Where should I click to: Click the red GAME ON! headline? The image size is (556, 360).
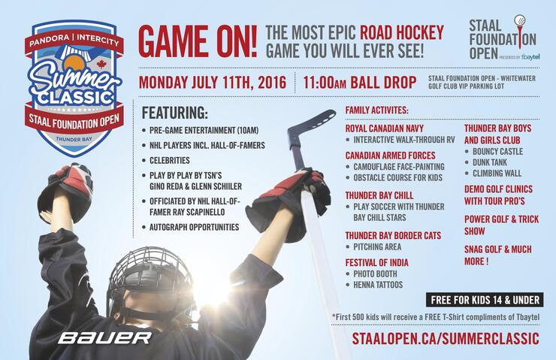(198, 42)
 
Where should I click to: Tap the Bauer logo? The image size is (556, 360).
(105, 337)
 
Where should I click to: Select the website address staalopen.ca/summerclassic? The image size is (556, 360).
(446, 338)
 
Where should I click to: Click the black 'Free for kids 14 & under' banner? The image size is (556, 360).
(485, 300)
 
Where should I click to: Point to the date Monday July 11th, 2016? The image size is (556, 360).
(213, 82)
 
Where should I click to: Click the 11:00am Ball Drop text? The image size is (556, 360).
(360, 82)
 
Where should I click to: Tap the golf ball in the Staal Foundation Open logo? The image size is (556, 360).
(520, 20)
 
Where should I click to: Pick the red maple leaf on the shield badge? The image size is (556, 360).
(101, 64)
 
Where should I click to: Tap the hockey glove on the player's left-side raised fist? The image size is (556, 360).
(65, 190)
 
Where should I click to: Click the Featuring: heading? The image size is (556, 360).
(175, 113)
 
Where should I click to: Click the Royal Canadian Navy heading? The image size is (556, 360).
(385, 128)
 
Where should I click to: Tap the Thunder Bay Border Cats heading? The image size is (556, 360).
(393, 235)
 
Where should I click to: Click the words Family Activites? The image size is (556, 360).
(377, 110)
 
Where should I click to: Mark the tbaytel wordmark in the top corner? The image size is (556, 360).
(530, 57)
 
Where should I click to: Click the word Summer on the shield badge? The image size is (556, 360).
(74, 79)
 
